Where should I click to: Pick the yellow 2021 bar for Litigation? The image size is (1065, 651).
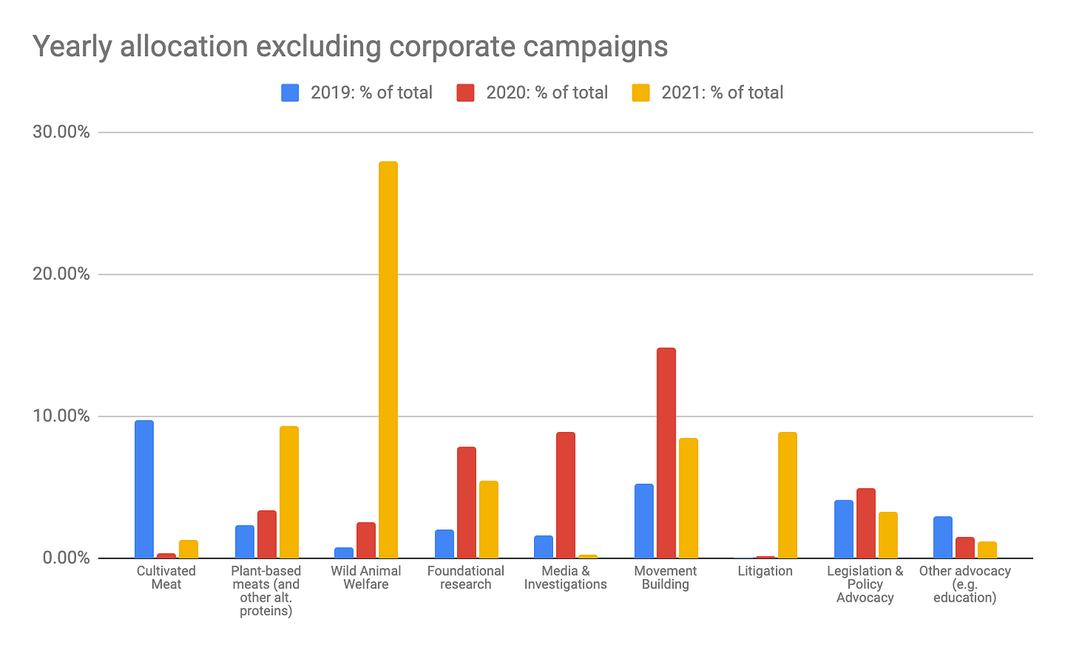[x=787, y=495]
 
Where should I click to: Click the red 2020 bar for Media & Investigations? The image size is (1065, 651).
[x=566, y=495]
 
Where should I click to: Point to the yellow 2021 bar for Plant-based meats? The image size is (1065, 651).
[x=289, y=492]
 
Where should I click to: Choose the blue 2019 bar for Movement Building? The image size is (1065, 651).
[x=644, y=521]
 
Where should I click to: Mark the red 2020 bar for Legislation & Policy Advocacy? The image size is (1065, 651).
[x=866, y=523]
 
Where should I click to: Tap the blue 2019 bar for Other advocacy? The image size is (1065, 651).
[x=943, y=537]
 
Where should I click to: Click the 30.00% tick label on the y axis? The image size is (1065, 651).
[x=62, y=132]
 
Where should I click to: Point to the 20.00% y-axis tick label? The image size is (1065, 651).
[x=62, y=274]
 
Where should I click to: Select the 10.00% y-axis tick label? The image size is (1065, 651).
[x=62, y=416]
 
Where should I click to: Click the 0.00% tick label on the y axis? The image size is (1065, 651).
[x=65, y=558]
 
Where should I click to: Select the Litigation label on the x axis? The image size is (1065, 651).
[x=765, y=571]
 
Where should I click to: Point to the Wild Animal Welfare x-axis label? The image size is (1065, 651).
[x=366, y=577]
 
